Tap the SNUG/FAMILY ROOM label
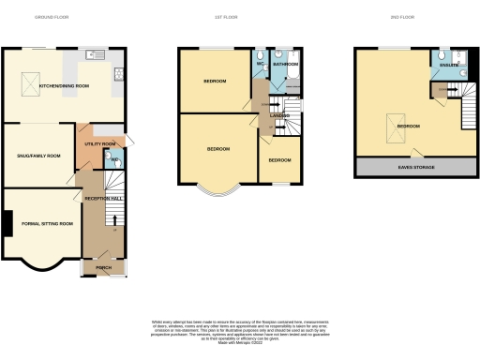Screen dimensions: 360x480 (x=38, y=155)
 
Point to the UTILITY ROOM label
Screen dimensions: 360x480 (x=98, y=144)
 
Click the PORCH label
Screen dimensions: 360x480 (x=103, y=268)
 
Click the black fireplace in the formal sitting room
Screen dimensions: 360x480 (x=7, y=223)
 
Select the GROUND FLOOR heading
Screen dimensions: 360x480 (x=51, y=17)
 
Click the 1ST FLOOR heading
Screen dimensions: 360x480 (x=238, y=17)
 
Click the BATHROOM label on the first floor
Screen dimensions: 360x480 (x=285, y=65)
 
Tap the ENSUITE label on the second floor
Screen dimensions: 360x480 (x=447, y=65)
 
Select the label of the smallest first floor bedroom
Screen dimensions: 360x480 (x=279, y=160)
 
